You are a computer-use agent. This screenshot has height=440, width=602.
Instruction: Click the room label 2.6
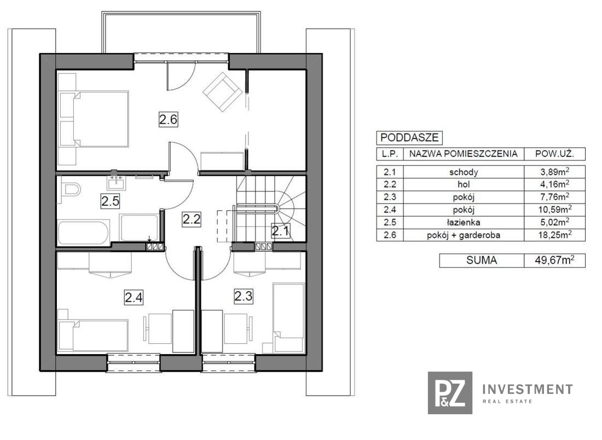[x=168, y=119]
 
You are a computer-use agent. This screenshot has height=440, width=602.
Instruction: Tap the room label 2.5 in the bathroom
[x=110, y=201]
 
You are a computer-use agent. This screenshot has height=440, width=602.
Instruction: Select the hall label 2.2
[x=192, y=219]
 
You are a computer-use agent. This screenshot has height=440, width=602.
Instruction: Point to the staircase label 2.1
[x=281, y=231]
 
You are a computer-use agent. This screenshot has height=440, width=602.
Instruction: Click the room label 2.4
[x=134, y=297]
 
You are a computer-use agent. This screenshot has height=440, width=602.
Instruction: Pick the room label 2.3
[x=244, y=296]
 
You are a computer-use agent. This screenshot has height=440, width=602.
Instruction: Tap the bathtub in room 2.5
[x=84, y=232]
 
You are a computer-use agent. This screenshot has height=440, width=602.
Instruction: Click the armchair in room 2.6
[x=222, y=91]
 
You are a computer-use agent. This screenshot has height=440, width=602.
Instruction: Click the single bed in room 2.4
[x=93, y=335]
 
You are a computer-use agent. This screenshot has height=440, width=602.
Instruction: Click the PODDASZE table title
[x=410, y=137]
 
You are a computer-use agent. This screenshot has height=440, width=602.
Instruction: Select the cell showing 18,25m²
[x=555, y=235]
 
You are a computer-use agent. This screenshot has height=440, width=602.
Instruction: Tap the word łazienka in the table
[x=464, y=222]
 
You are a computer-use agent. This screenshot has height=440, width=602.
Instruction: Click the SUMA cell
[x=482, y=260]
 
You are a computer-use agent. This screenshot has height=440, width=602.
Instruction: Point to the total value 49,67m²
[x=555, y=260]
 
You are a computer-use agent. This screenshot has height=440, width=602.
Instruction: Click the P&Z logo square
[x=450, y=393]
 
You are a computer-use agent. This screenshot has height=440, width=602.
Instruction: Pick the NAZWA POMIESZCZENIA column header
[x=464, y=154]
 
